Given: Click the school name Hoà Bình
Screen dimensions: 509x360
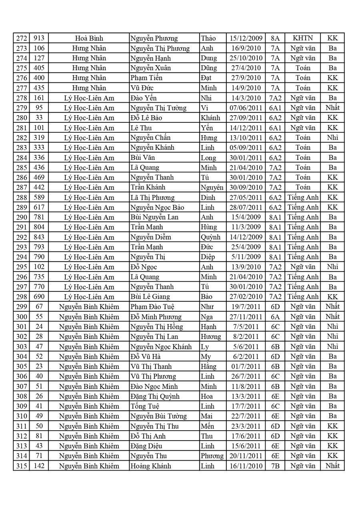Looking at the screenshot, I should [89, 38].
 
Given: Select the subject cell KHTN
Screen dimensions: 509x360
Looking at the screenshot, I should [302, 38].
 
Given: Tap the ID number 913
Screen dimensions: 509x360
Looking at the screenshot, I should [39, 38].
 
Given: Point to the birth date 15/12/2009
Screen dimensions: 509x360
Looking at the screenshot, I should [246, 38].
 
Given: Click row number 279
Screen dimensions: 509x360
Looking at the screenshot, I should [21, 108].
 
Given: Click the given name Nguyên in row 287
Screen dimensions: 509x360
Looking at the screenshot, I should [212, 188].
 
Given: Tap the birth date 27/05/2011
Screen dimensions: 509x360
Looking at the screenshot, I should [246, 198].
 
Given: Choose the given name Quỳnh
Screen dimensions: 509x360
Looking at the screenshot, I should [210, 237].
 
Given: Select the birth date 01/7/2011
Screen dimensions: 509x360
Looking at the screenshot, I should [246, 366].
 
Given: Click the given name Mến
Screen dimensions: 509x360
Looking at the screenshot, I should [208, 426].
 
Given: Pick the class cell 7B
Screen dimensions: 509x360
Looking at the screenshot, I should [275, 466].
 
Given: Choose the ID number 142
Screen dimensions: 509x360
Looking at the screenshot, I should [39, 466].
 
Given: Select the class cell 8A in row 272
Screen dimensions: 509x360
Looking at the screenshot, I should [275, 38].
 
